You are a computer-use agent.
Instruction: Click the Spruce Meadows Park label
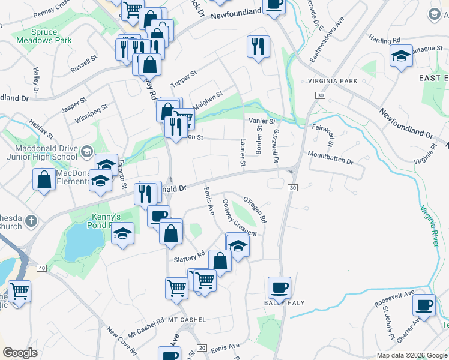pyautogui.click(x=49, y=35)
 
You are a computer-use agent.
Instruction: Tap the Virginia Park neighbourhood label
pyautogui.click(x=332, y=81)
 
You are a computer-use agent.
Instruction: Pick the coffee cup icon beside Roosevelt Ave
pyautogui.click(x=424, y=305)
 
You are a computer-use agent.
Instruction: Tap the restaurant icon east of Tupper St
pyautogui.click(x=258, y=46)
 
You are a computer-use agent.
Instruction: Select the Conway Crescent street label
pyautogui.click(x=239, y=218)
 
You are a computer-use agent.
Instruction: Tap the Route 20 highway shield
pyautogui.click(x=202, y=348)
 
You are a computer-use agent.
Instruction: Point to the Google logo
pyautogui.click(x=20, y=352)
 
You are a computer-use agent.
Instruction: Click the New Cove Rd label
pyautogui.click(x=120, y=340)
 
